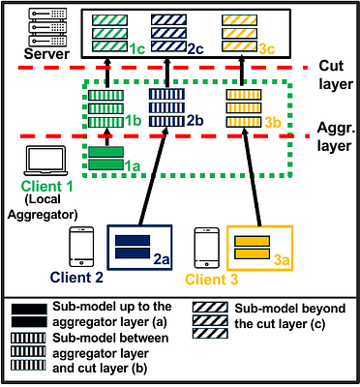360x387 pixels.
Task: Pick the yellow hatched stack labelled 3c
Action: pos(240,32)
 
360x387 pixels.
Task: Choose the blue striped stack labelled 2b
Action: pos(165,109)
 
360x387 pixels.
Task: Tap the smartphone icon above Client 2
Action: pos(83,248)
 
